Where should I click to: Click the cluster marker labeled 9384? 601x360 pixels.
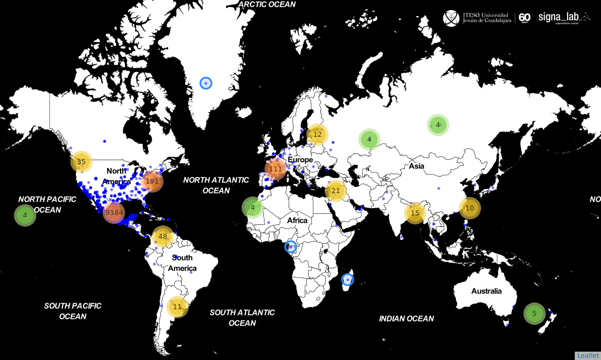pyautogui.click(x=114, y=213)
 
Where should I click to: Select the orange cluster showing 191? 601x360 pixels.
pyautogui.click(x=152, y=181)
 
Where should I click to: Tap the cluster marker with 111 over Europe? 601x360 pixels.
pyautogui.click(x=275, y=169)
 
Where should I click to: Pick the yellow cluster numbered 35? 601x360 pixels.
pyautogui.click(x=81, y=162)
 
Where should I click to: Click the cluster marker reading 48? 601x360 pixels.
pyautogui.click(x=163, y=237)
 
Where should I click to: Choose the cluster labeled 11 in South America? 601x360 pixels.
pyautogui.click(x=177, y=306)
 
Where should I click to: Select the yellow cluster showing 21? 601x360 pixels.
pyautogui.click(x=335, y=191)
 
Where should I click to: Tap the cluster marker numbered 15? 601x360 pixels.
pyautogui.click(x=415, y=213)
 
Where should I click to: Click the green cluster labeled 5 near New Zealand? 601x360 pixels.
pyautogui.click(x=534, y=314)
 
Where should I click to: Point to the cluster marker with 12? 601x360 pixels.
pyautogui.click(x=317, y=135)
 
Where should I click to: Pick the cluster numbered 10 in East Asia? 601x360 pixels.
pyautogui.click(x=469, y=208)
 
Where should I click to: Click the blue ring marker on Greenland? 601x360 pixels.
pyautogui.click(x=206, y=83)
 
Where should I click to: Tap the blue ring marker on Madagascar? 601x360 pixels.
pyautogui.click(x=348, y=279)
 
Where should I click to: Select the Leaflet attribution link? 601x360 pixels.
pyautogui.click(x=588, y=356)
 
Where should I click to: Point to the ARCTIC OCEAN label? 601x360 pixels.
pyautogui.click(x=267, y=4)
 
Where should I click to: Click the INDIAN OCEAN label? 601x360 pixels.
pyautogui.click(x=406, y=319)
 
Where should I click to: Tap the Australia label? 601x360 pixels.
pyautogui.click(x=486, y=291)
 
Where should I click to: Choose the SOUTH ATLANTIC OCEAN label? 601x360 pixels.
pyautogui.click(x=242, y=318)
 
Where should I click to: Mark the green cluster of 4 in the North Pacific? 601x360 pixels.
pyautogui.click(x=25, y=215)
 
